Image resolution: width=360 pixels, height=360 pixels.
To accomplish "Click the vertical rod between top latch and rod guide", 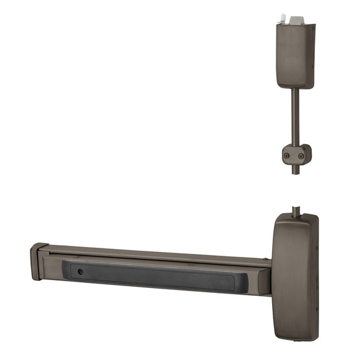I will (295, 116).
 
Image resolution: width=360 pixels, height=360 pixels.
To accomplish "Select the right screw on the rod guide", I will (301, 156).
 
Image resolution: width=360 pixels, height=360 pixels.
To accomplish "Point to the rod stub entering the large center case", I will (296, 211).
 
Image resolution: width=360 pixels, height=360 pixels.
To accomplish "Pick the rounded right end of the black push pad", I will (244, 282).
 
